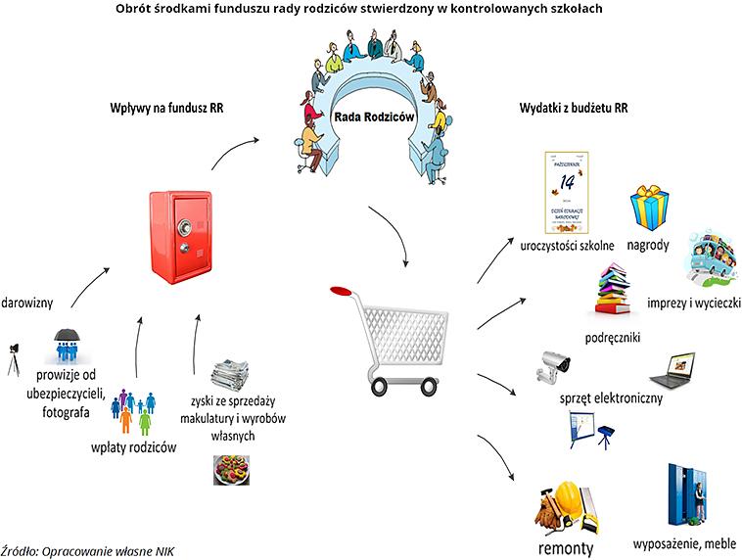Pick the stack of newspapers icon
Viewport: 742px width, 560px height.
tap(230, 374)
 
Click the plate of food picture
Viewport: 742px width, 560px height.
tap(230, 470)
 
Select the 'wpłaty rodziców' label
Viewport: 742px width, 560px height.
tap(129, 447)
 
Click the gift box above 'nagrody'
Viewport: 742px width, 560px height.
tap(647, 208)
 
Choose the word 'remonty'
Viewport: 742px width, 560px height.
tap(566, 546)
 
